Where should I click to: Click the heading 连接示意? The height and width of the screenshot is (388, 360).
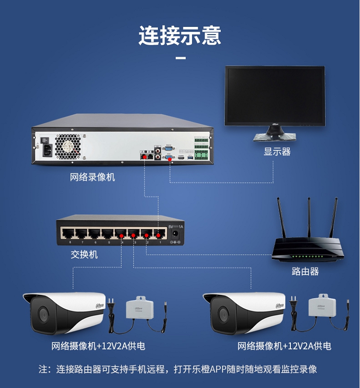click(180, 36)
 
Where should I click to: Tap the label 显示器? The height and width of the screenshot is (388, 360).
click(277, 152)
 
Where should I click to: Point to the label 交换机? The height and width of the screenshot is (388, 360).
click(84, 255)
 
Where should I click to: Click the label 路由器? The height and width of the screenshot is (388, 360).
click(305, 272)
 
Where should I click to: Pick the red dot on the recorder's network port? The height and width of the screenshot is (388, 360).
click(144, 157)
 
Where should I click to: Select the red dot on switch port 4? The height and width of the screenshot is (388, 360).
click(120, 236)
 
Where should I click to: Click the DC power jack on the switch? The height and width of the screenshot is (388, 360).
click(175, 235)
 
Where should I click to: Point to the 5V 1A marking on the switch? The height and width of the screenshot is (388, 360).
click(176, 226)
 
